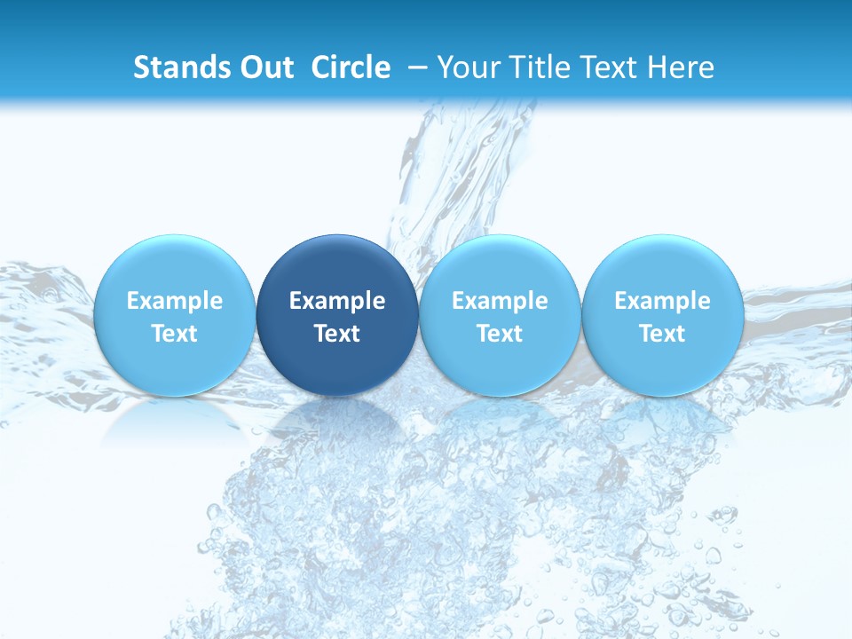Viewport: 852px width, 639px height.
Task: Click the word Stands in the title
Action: (x=177, y=67)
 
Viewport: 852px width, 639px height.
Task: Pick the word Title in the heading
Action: (x=534, y=67)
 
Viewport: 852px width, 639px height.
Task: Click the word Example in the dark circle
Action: (x=337, y=301)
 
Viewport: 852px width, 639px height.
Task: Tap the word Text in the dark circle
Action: (x=337, y=334)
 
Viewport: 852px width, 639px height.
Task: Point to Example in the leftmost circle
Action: (x=174, y=301)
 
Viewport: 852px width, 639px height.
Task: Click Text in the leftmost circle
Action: (x=174, y=334)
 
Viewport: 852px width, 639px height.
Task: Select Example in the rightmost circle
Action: (x=662, y=301)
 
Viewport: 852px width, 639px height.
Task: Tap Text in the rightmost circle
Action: (x=662, y=334)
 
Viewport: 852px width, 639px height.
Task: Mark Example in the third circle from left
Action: (x=500, y=301)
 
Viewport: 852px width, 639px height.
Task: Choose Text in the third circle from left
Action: (x=500, y=334)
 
